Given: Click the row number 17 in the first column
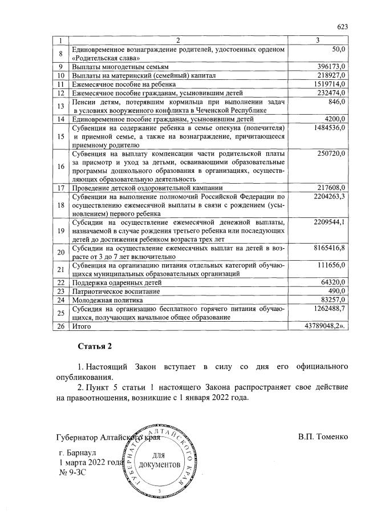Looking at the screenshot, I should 60,188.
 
